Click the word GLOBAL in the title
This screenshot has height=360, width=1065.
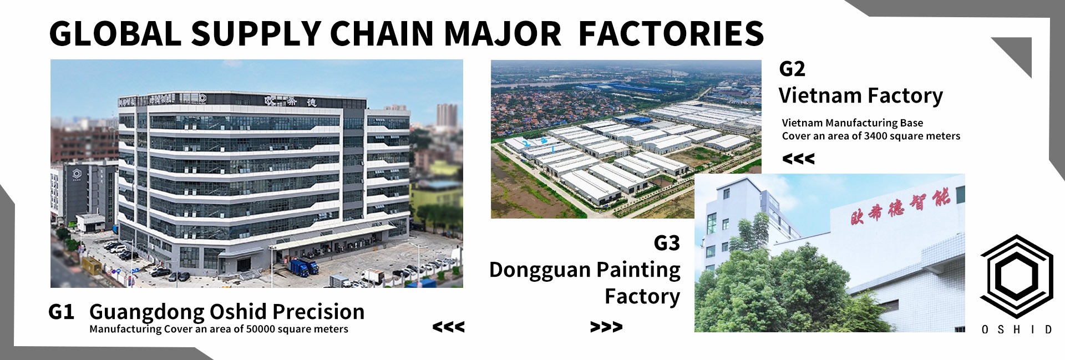click(115, 33)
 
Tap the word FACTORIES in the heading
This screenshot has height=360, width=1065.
click(671, 33)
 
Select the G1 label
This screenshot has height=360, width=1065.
click(61, 312)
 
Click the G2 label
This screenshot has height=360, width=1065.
click(792, 69)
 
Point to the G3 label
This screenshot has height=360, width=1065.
click(667, 243)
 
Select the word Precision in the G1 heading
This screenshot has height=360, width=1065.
click(318, 312)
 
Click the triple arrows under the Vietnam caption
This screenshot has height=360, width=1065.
click(798, 159)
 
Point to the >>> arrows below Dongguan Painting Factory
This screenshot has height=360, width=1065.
click(606, 327)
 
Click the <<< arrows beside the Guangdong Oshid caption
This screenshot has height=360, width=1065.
click(448, 327)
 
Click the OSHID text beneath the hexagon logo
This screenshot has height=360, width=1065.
click(1017, 329)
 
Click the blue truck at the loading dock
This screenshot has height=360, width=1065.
click(304, 267)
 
